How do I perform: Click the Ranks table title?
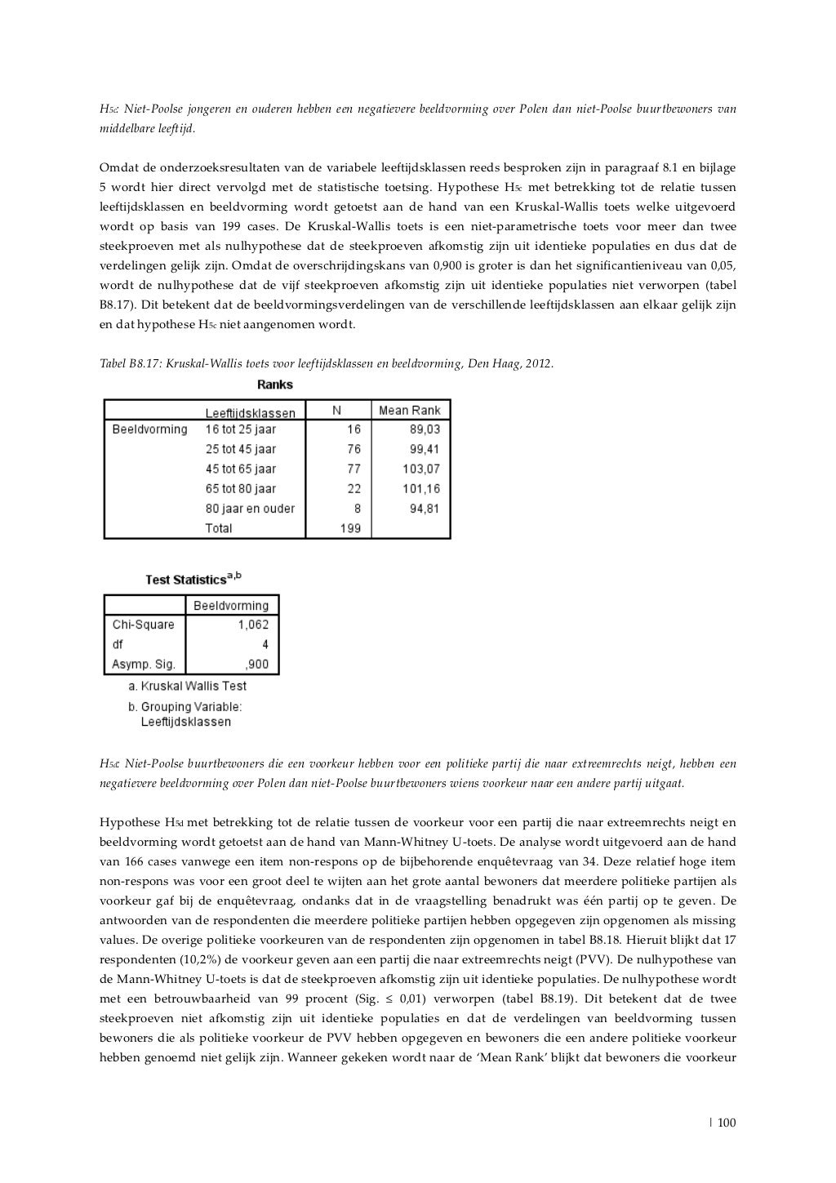click(x=274, y=385)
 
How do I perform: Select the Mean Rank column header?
click(x=410, y=411)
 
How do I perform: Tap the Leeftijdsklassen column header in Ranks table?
click(x=250, y=413)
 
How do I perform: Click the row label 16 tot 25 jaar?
click(x=240, y=429)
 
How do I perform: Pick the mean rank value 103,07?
click(x=420, y=469)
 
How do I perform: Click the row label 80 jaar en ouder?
click(x=249, y=509)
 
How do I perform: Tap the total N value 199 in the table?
click(x=349, y=528)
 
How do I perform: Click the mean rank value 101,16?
click(x=420, y=489)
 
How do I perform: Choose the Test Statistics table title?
click(x=193, y=579)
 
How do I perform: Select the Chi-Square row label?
click(x=143, y=625)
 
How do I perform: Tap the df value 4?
click(x=265, y=644)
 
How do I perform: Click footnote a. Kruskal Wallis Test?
click(x=187, y=686)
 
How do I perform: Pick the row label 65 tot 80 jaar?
click(x=240, y=489)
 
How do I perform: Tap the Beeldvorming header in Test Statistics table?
click(x=230, y=606)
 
